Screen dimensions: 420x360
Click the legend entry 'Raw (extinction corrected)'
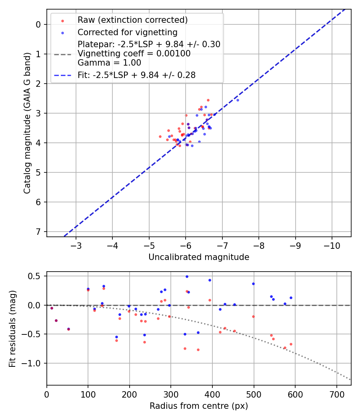[x=132, y=20]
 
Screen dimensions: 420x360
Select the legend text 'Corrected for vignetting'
[x=127, y=32]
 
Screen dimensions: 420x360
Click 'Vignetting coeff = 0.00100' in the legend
[x=134, y=54]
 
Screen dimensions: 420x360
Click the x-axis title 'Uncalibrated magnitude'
[x=199, y=257]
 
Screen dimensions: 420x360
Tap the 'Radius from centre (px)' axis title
[x=199, y=406]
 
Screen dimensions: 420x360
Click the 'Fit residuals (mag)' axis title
[x=12, y=328]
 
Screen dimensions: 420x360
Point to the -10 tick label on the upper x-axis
[x=332, y=245]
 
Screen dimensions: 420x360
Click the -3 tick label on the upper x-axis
[x=76, y=245]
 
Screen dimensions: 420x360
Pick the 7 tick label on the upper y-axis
[x=38, y=232]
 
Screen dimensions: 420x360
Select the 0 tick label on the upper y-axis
[x=38, y=24]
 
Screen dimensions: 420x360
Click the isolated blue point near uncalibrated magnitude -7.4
[x=238, y=100]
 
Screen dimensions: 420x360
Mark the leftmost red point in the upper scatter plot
[x=160, y=136]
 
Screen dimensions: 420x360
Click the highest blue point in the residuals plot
[x=187, y=276]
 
